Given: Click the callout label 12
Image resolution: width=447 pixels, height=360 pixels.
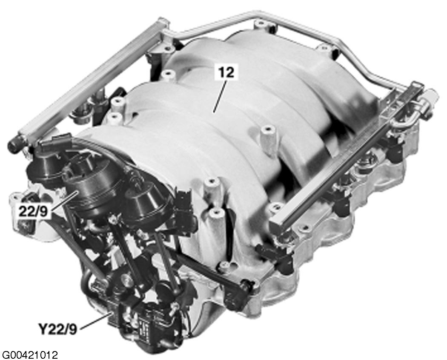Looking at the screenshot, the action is (226, 73).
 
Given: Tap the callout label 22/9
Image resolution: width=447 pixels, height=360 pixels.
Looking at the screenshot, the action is (33, 212).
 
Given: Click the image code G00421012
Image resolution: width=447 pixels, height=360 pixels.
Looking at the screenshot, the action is (30, 355).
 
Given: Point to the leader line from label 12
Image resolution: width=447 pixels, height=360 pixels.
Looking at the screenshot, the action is (220, 96).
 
